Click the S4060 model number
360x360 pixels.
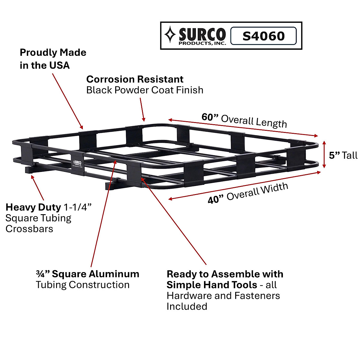coord(263,36)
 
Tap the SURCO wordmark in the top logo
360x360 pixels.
coord(202,34)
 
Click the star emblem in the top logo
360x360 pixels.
coord(170,35)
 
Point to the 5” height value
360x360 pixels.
coord(334,155)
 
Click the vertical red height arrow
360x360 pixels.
coord(324,154)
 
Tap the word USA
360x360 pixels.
coord(59,65)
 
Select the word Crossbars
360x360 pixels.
coord(29,229)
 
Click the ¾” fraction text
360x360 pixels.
coord(43,274)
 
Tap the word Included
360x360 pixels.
coord(187,306)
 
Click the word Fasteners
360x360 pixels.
coord(257,295)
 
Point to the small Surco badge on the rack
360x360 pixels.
coord(77,163)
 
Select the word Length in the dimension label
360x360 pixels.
coord(271,122)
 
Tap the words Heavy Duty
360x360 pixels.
coord(33,207)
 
